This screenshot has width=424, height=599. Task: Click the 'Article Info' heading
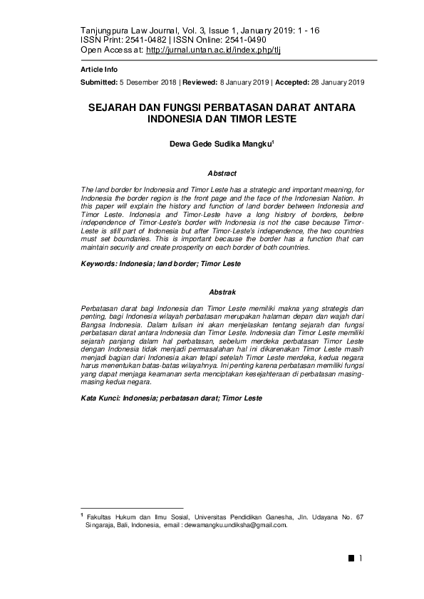click(x=98, y=70)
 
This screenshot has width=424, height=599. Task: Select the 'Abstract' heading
click(x=222, y=173)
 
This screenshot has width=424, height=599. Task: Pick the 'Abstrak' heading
click(x=222, y=292)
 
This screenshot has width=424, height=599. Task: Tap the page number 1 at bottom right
click(x=361, y=558)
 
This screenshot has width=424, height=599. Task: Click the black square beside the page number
click(x=351, y=558)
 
